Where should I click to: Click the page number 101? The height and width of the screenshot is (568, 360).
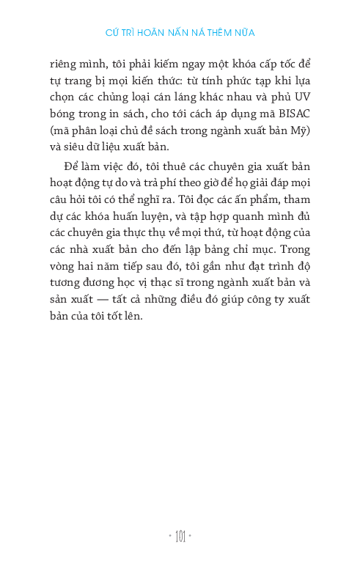pos(180,538)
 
